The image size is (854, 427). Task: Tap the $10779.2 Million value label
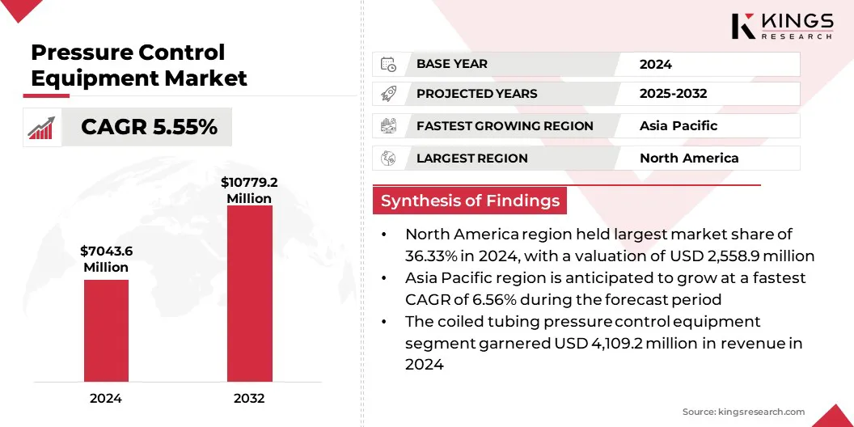coord(249,190)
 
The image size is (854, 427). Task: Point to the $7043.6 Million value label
coord(106,259)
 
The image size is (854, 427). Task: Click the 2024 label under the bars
coord(106,398)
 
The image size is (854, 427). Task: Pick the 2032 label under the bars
coord(249,398)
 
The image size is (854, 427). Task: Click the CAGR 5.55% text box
coord(150,127)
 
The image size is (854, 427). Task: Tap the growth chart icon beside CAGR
coord(41,128)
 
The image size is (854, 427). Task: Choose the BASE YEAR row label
coord(452,64)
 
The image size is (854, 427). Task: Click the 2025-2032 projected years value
coord(673,94)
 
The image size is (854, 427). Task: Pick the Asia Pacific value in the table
coord(678,126)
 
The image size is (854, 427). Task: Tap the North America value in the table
coord(688,159)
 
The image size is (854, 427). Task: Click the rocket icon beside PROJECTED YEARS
coord(388,94)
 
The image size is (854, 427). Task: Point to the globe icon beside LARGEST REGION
coord(388,159)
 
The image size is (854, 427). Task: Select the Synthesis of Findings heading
coord(470,201)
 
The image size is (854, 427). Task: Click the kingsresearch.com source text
coord(744,412)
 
